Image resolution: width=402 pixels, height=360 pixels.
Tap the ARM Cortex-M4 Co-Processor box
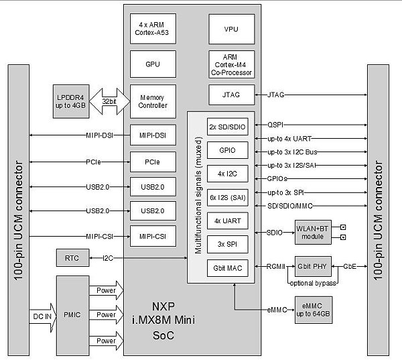231,64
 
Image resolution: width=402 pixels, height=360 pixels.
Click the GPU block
152,65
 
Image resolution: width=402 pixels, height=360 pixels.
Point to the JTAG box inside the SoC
231,95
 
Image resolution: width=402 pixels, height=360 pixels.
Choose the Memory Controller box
152,101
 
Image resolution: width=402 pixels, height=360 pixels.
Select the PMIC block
76,314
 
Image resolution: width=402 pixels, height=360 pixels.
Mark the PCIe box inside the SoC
152,162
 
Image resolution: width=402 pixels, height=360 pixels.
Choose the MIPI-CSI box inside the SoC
152,235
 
